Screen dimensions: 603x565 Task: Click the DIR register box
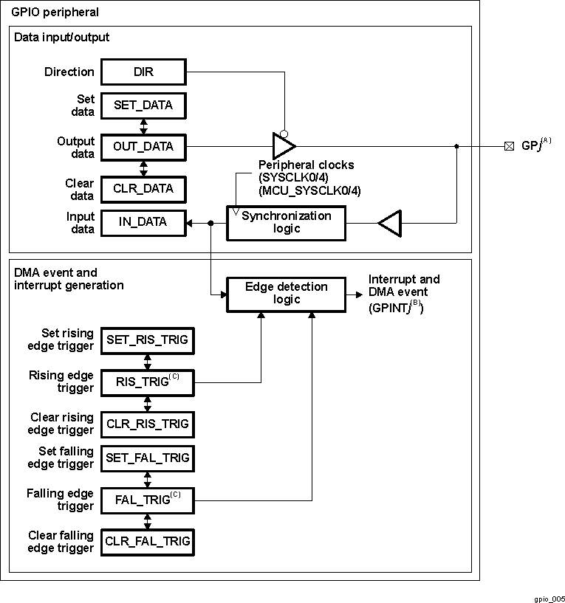click(143, 72)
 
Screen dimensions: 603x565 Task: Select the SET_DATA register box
click(143, 106)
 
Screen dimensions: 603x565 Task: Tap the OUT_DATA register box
click(143, 147)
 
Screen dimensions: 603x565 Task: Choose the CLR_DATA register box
click(143, 189)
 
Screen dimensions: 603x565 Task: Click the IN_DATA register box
click(143, 222)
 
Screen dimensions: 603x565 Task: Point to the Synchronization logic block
click(286, 222)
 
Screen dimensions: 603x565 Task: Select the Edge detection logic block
click(286, 293)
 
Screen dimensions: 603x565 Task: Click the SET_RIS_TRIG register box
click(147, 340)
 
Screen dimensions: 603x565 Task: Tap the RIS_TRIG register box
click(147, 382)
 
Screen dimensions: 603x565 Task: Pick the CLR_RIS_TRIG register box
click(147, 424)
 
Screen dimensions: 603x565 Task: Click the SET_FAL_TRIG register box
click(147, 458)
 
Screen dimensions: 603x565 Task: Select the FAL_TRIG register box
click(147, 500)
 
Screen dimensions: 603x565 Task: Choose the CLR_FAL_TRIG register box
click(147, 542)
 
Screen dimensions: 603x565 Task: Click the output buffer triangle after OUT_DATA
click(283, 146)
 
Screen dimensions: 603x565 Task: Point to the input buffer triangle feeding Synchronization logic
click(389, 222)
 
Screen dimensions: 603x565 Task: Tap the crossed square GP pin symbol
click(509, 146)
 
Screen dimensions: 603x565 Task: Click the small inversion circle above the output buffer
click(284, 133)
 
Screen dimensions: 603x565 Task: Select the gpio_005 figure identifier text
click(549, 599)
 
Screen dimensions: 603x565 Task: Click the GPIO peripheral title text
click(55, 13)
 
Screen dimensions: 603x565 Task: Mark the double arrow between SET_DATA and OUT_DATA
click(143, 126)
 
